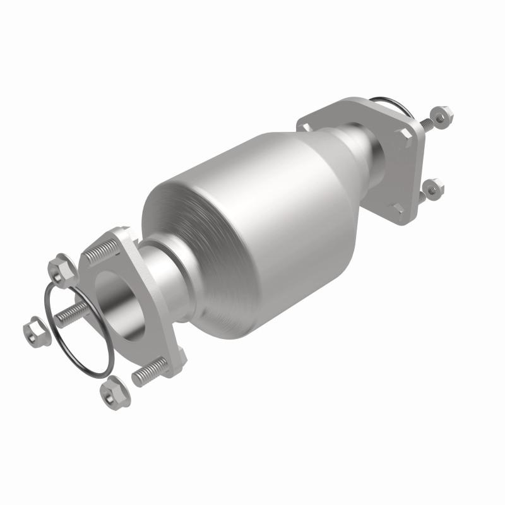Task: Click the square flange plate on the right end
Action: coord(404,189)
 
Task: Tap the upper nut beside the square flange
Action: coord(443,114)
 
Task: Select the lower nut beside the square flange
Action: coord(432,187)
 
